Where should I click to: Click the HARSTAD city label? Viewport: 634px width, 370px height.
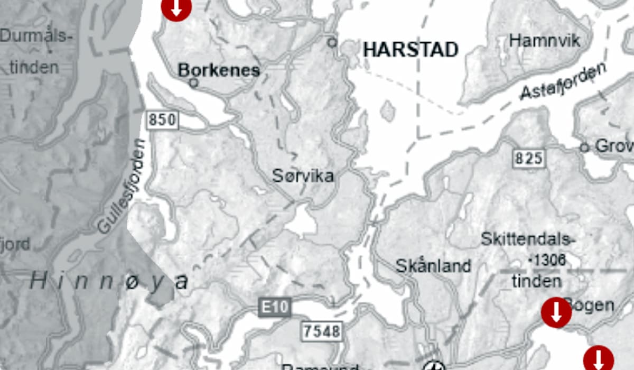[x=411, y=50]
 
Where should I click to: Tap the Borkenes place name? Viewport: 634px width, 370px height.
[x=219, y=70]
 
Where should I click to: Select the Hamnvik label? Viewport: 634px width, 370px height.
[x=544, y=40]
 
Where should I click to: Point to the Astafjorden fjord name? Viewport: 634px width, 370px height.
[x=563, y=82]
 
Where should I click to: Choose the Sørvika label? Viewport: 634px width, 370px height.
[x=303, y=175]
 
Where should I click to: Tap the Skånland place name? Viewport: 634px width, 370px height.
[x=433, y=265]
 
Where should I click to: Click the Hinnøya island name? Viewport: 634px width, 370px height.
[x=109, y=281]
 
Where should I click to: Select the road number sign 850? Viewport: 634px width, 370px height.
[x=162, y=120]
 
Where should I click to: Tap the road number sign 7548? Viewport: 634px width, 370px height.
[x=322, y=331]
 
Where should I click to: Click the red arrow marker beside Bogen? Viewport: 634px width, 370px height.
[x=556, y=312]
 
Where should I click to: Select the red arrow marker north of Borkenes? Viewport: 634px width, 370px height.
[x=176, y=7]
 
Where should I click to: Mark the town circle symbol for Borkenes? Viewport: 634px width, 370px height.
[x=194, y=83]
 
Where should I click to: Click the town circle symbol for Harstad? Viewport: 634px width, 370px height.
[x=332, y=42]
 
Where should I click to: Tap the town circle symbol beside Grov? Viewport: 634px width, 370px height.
[x=584, y=147]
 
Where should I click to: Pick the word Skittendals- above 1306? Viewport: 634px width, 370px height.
[x=527, y=239]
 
